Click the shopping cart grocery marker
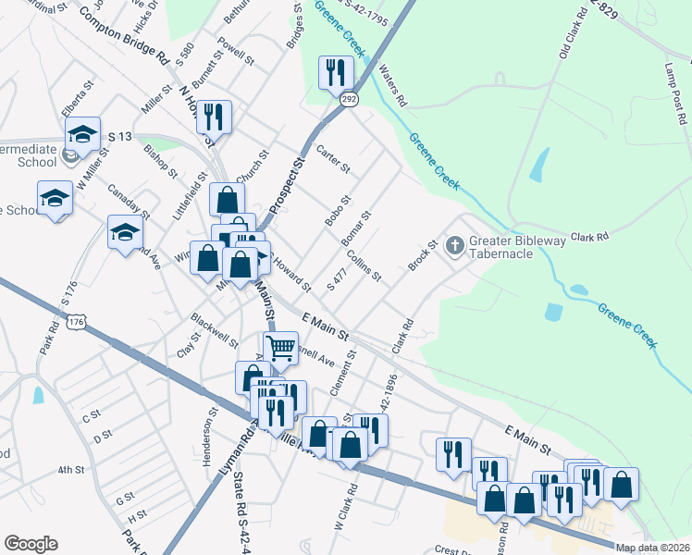tap(280, 349)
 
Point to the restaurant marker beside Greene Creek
tap(335, 72)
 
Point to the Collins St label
tap(365, 268)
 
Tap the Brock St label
tap(422, 257)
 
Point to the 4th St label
tap(70, 470)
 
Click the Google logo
tap(31, 544)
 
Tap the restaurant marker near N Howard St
tap(214, 117)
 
